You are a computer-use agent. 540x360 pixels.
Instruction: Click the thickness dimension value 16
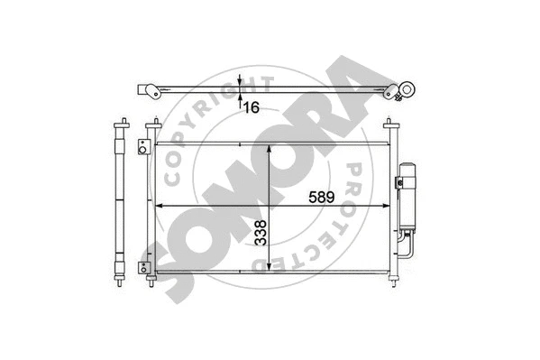[x=251, y=106]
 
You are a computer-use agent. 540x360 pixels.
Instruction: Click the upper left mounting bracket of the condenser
[x=142, y=147]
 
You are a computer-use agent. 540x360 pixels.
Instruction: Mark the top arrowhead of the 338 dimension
[x=270, y=148]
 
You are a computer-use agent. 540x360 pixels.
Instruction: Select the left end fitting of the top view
[x=148, y=90]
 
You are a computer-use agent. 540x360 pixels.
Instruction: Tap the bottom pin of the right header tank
[x=393, y=283]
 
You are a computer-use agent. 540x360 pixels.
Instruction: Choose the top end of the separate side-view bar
[x=120, y=123]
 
